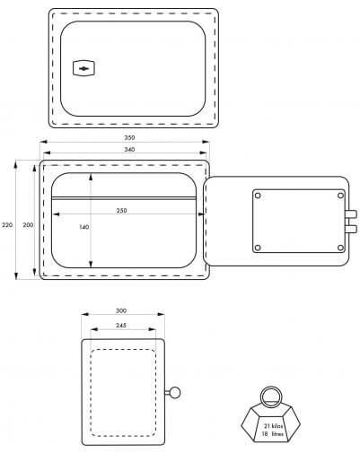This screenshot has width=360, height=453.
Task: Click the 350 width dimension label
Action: click(x=129, y=137)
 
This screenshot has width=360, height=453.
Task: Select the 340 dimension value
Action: click(x=129, y=149)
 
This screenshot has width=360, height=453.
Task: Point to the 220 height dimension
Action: click(x=7, y=225)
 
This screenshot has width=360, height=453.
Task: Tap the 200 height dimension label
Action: click(x=28, y=225)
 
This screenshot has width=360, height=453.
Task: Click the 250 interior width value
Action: click(x=121, y=211)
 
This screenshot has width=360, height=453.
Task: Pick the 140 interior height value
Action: click(x=84, y=227)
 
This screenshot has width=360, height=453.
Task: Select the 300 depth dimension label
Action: click(x=121, y=310)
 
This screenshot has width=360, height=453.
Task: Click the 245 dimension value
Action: click(x=121, y=325)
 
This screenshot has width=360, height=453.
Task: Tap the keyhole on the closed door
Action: click(x=83, y=68)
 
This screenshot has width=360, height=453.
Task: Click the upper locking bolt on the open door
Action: click(x=351, y=213)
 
